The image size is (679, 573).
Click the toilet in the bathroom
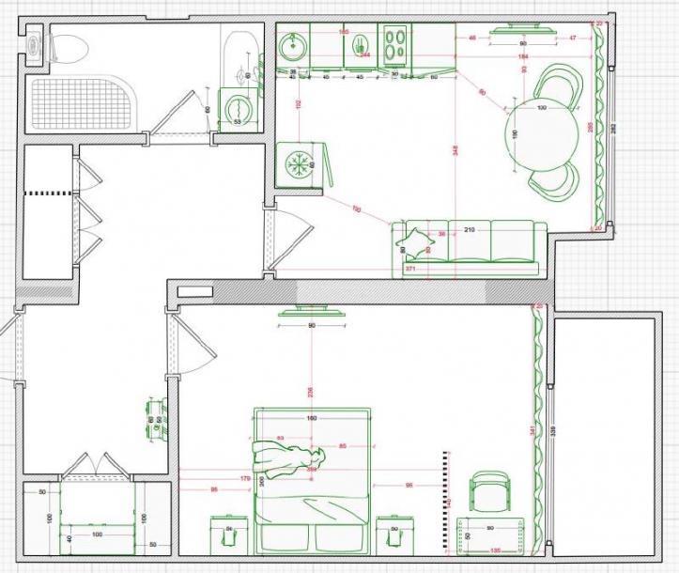(64, 44)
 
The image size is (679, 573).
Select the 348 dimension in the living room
(454, 150)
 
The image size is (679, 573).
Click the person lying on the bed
(286, 461)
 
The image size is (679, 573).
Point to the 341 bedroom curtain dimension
(532, 430)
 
